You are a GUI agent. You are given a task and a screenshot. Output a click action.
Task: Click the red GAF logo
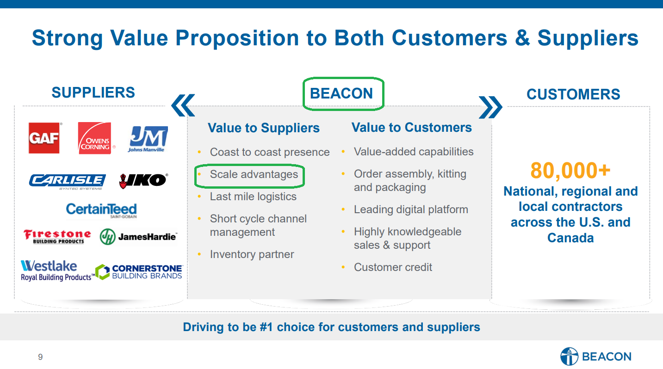click(44, 138)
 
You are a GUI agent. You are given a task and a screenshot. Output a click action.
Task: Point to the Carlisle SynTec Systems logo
click(67, 182)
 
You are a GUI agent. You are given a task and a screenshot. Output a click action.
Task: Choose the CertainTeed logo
click(101, 210)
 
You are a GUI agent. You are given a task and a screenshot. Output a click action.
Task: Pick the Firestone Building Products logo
click(57, 236)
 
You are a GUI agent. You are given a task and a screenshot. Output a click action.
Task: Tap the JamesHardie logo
click(138, 237)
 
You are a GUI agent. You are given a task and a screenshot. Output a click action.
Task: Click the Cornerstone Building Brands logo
click(139, 271)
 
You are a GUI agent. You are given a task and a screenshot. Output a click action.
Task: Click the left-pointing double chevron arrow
click(183, 105)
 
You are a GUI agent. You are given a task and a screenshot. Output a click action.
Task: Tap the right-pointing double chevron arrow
click(490, 107)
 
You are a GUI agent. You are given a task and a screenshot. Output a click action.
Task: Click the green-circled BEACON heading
click(341, 93)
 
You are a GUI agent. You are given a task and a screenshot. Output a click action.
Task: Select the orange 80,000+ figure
click(570, 171)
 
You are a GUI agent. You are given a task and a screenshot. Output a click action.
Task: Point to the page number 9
click(40, 357)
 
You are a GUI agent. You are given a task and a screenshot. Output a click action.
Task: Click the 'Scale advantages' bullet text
click(254, 174)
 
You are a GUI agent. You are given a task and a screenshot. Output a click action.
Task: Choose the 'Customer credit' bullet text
click(393, 267)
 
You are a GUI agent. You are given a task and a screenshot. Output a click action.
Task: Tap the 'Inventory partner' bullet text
click(252, 254)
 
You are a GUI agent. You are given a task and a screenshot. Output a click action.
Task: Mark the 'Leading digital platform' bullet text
click(411, 209)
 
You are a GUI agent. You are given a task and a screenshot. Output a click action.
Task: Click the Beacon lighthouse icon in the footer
click(569, 356)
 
